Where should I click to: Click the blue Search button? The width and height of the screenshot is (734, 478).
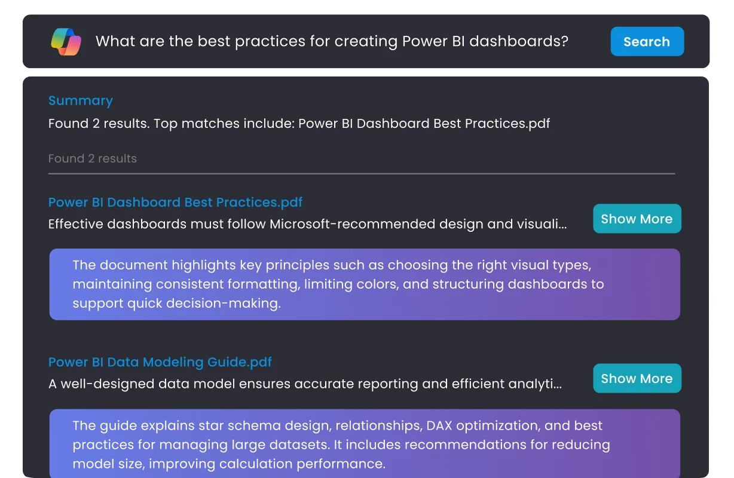tap(647, 42)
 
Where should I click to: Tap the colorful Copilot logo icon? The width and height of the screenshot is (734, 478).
tap(66, 42)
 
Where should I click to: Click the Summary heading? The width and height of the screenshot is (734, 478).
tap(80, 101)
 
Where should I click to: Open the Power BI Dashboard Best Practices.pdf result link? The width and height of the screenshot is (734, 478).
tap(175, 203)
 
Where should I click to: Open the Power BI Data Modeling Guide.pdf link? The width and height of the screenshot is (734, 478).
tap(160, 362)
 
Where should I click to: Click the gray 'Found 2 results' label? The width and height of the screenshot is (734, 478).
tap(92, 159)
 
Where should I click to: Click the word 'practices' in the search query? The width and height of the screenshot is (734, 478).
tap(279, 42)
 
